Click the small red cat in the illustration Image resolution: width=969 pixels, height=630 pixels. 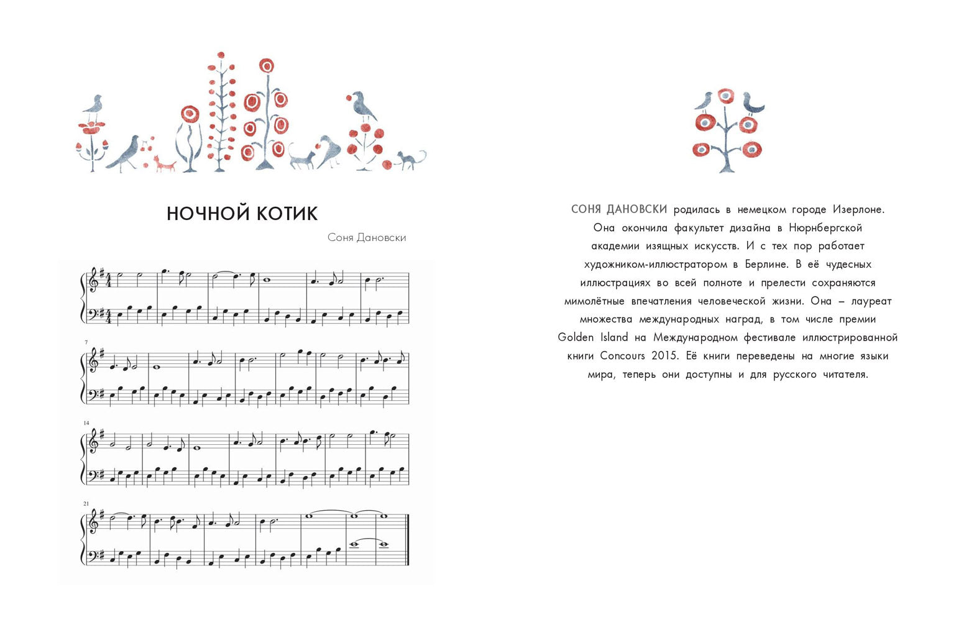[165, 164]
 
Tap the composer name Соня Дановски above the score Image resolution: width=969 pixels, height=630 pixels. [366, 237]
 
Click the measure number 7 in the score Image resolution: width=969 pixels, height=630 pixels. [86, 342]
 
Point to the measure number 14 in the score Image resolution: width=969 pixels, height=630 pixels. [86, 423]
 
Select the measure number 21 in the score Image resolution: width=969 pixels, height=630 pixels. [86, 504]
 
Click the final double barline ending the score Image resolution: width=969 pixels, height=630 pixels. [407, 540]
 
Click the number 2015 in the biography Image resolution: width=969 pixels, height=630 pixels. [664, 356]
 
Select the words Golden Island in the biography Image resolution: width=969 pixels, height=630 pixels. [593, 337]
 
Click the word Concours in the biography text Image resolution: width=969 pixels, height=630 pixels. [622, 356]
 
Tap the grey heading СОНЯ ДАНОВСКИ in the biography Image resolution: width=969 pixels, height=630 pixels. [619, 209]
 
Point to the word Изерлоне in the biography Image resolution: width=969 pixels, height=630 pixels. [858, 209]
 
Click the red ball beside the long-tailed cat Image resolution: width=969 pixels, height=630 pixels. [388, 165]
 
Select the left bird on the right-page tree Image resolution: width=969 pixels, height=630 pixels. [705, 101]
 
